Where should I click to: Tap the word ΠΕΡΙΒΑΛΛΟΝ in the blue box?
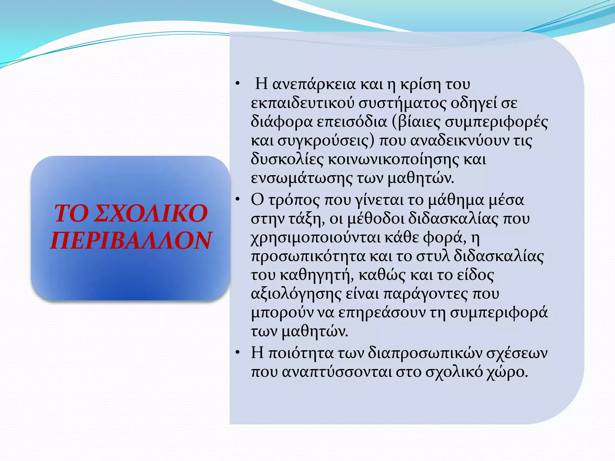(131, 241)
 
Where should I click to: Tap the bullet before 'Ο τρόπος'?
(238, 199)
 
